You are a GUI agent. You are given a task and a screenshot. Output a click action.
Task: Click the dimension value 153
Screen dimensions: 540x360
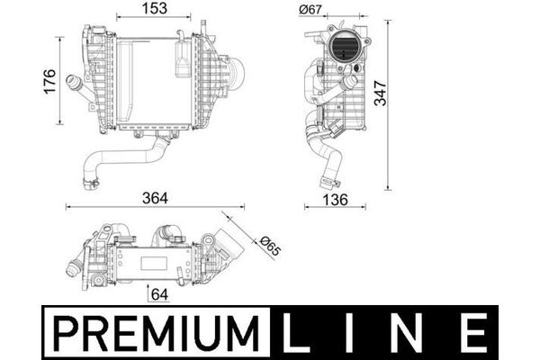click(x=155, y=9)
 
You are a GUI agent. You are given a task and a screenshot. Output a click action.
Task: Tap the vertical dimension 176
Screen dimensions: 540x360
click(x=49, y=81)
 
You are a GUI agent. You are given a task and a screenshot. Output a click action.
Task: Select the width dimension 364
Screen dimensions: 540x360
click(x=155, y=198)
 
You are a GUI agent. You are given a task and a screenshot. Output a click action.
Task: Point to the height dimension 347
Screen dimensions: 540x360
click(x=381, y=93)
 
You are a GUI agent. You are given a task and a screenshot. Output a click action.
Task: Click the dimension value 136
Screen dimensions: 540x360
click(x=335, y=200)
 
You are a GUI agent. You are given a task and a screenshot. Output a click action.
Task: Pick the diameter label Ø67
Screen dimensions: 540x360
click(x=310, y=9)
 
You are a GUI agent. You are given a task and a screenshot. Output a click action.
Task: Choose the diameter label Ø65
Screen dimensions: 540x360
click(x=271, y=246)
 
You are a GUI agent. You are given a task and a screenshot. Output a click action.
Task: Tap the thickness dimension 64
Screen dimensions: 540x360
click(x=160, y=294)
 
